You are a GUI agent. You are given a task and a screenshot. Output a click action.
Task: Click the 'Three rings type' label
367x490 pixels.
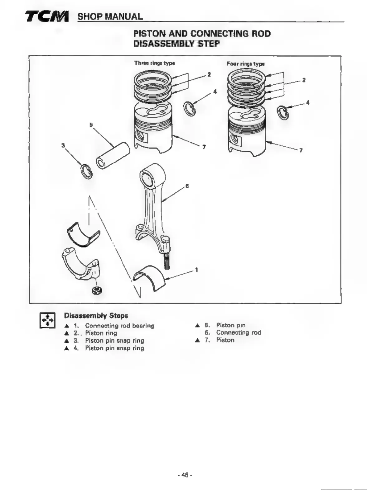pos(154,63)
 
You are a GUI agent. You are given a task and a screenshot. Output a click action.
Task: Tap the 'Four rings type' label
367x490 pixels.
pos(245,64)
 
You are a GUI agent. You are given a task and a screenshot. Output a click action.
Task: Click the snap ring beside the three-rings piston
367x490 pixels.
pos(189,109)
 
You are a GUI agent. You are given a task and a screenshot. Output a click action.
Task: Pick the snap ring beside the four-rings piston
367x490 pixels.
pos(283,112)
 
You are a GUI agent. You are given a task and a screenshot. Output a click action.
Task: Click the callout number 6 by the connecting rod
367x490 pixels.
pos(187,186)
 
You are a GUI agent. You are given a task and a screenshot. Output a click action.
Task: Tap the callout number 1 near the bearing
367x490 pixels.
pos(196,270)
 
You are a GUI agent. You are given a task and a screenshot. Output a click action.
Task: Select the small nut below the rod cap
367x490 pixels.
pos(97,291)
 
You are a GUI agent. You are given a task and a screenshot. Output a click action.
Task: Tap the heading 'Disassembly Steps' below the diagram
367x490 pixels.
pos(96,315)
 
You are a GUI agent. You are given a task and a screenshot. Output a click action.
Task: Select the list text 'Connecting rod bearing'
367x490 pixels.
pos(120,326)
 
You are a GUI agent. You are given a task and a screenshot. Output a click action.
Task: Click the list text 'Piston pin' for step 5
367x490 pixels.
pos(231,325)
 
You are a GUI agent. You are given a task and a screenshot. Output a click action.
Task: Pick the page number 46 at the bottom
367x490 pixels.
pos(185,475)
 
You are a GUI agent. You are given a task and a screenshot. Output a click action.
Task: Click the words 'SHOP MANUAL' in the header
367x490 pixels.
pos(110,16)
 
